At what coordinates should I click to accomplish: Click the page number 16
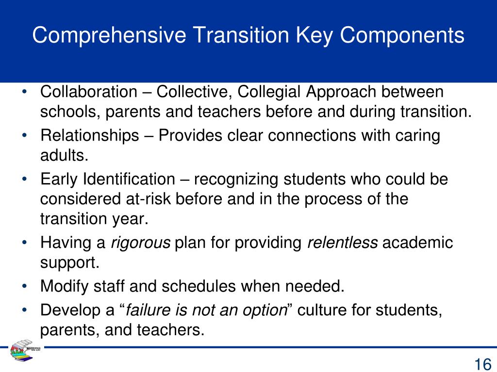pos(482,363)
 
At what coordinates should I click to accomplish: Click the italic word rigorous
pos(141,243)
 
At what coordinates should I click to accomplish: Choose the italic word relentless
pos(343,243)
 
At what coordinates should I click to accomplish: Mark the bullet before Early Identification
pos(24,180)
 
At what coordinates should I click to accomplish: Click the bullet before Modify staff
pos(24,286)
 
